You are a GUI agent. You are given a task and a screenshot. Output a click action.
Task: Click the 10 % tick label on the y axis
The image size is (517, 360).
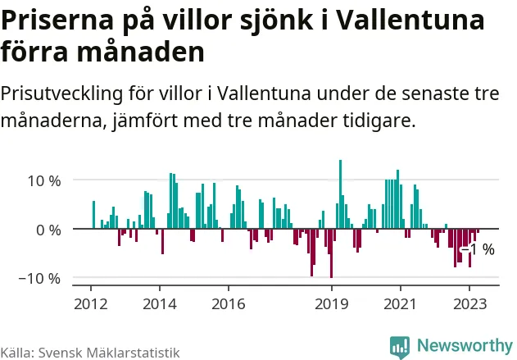coord(43,180)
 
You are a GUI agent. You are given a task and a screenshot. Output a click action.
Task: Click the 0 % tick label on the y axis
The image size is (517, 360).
coord(49,230)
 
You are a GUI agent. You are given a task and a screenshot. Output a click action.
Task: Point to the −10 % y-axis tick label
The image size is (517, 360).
coord(40,279)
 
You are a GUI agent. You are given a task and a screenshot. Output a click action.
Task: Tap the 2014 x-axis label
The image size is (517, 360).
coord(159,303)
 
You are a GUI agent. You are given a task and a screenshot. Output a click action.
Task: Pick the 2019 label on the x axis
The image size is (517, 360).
coord(331,303)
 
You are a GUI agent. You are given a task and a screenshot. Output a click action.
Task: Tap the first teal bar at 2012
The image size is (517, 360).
coord(93,215)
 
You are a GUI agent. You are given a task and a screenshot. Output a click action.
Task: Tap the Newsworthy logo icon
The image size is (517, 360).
coord(400,347)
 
